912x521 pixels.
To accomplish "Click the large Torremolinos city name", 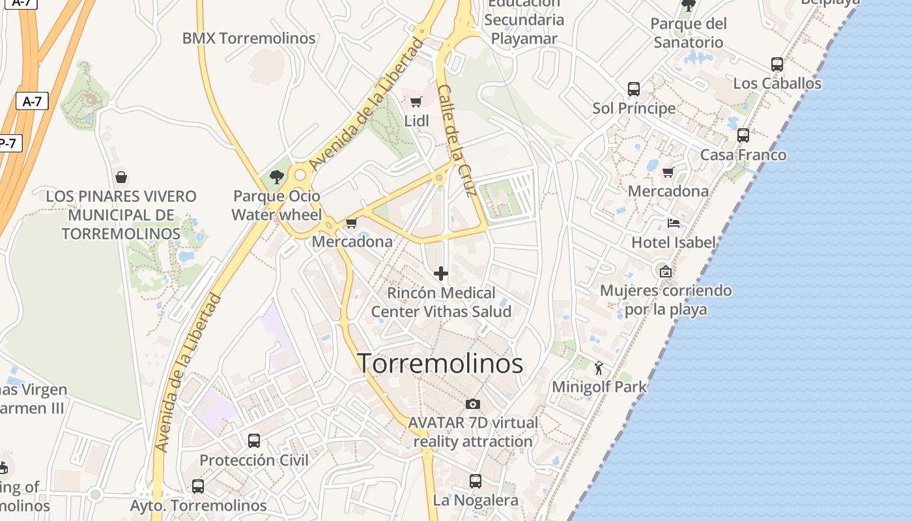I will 440,363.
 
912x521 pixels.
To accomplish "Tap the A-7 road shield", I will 32,101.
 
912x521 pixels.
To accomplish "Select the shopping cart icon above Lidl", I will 416,102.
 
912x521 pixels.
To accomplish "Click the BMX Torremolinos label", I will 249,38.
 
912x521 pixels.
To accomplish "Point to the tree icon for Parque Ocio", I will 277,176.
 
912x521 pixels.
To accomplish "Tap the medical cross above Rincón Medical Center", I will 441,274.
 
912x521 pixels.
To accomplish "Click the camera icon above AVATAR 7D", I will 473,404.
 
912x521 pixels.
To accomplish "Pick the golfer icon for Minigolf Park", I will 599,368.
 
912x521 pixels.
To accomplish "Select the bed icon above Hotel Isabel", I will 674,223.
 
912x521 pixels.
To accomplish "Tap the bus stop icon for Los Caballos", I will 777,64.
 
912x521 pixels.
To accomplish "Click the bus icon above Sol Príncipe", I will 634,89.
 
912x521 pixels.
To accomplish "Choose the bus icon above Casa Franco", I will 743,135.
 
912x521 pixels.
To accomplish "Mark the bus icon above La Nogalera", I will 476,481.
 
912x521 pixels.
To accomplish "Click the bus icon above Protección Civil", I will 254,441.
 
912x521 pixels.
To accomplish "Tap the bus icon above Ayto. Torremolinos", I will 198,486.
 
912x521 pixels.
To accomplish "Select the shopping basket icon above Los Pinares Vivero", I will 121,176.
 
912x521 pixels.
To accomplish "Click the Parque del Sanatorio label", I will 689,33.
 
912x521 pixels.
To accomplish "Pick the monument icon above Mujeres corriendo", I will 665,272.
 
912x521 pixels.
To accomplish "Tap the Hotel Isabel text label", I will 674,242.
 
